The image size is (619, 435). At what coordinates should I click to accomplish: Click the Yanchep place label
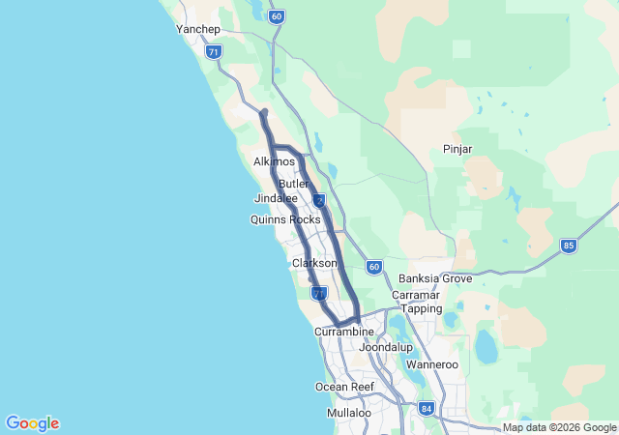[x=198, y=29]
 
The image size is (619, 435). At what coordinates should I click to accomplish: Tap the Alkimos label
[x=274, y=162]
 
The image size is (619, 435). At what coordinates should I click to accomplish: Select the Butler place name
[x=293, y=184]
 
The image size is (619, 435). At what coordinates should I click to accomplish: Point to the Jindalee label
[x=276, y=198]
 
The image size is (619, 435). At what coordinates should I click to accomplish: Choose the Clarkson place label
[x=314, y=263]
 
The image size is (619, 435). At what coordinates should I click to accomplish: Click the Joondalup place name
[x=386, y=346]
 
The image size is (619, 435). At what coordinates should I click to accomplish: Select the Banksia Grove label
[x=435, y=278]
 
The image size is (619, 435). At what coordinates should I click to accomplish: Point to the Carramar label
[x=417, y=294]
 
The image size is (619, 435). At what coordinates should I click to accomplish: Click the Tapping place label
[x=422, y=308]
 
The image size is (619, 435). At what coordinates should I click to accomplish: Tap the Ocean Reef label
[x=344, y=387]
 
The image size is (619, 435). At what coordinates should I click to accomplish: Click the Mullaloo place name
[x=348, y=413]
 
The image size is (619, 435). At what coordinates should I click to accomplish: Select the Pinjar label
[x=457, y=149]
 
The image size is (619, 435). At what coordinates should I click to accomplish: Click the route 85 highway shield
[x=568, y=246]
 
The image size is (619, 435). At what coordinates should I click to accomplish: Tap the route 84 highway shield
[x=427, y=409]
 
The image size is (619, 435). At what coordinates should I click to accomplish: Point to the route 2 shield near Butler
[x=318, y=200]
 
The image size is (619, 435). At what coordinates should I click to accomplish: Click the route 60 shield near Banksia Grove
[x=373, y=266]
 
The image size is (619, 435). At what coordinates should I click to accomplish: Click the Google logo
[x=32, y=423]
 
